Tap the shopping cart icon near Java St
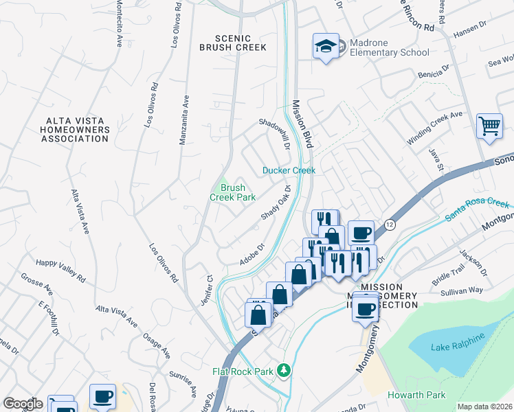(489, 126)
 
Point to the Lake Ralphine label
(459, 341)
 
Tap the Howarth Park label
(416, 395)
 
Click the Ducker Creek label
(289, 170)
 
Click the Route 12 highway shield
(389, 225)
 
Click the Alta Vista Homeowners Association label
(74, 129)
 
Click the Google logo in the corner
(22, 403)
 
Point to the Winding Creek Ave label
(434, 128)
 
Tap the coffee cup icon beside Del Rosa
(103, 396)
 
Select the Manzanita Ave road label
(183, 119)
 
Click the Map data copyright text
(484, 407)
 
